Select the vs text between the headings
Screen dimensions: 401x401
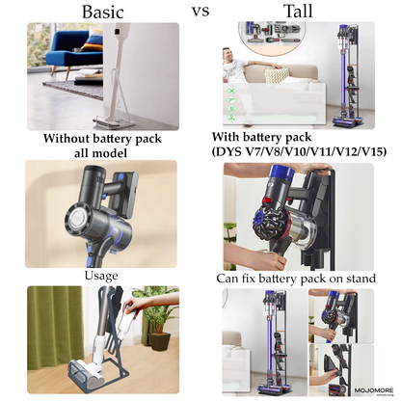click(201, 12)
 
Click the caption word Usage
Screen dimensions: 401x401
click(101, 276)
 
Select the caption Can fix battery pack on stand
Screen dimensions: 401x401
click(296, 278)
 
